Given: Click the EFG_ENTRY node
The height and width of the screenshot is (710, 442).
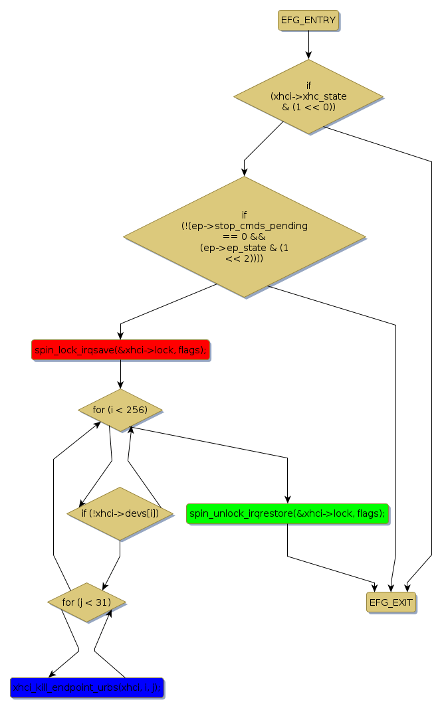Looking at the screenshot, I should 308,20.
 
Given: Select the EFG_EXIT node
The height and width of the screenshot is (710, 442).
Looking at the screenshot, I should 391,602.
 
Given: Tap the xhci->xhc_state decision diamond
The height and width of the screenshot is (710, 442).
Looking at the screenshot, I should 308,96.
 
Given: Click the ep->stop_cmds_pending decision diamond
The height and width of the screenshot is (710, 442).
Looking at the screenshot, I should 244,236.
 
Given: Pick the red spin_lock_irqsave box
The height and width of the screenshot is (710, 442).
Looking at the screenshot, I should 120,349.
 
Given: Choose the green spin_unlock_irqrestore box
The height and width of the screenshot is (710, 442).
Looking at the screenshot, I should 287,513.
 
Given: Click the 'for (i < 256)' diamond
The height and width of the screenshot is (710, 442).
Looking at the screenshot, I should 120,410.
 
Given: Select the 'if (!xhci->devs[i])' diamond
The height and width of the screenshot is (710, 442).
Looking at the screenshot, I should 120,513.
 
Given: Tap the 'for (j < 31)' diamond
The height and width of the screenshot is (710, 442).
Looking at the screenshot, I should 86,602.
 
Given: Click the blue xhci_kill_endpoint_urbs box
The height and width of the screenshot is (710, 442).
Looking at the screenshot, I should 86,687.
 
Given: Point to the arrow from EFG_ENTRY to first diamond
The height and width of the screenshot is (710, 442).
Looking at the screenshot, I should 308,44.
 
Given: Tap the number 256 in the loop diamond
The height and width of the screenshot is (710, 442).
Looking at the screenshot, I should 138,410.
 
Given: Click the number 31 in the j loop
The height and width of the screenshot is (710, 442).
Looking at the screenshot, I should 102,602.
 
